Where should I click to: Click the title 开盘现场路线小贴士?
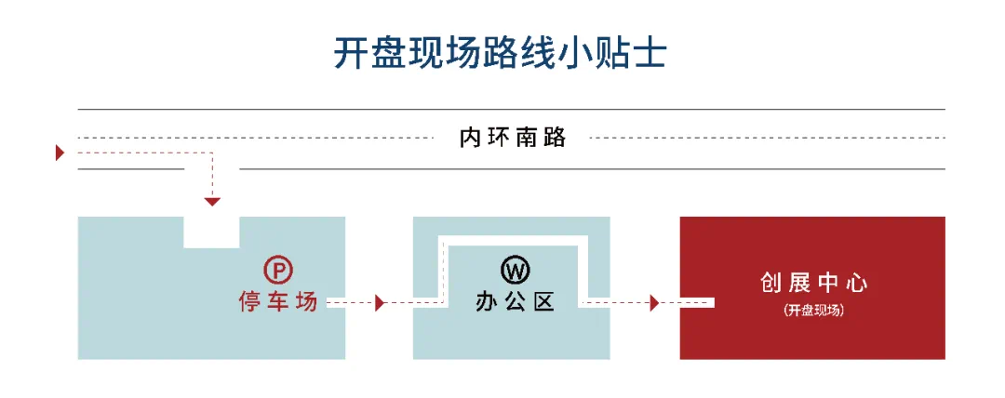click(500, 53)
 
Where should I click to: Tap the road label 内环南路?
click(513, 138)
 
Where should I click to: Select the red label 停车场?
click(278, 301)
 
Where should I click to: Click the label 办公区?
click(515, 301)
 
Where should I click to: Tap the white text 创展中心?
click(813, 284)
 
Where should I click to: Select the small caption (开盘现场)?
click(813, 311)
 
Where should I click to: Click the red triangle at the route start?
click(60, 153)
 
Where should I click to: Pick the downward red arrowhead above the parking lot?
click(212, 202)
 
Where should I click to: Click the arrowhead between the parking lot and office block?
click(380, 302)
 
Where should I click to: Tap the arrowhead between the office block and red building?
click(654, 302)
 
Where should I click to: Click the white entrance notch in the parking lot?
click(211, 232)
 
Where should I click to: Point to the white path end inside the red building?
click(703, 302)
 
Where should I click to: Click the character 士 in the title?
click(648, 53)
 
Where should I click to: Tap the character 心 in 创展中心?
click(856, 284)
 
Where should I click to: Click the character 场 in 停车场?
click(307, 301)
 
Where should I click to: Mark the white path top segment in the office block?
click(513, 241)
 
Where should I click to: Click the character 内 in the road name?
click(470, 138)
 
